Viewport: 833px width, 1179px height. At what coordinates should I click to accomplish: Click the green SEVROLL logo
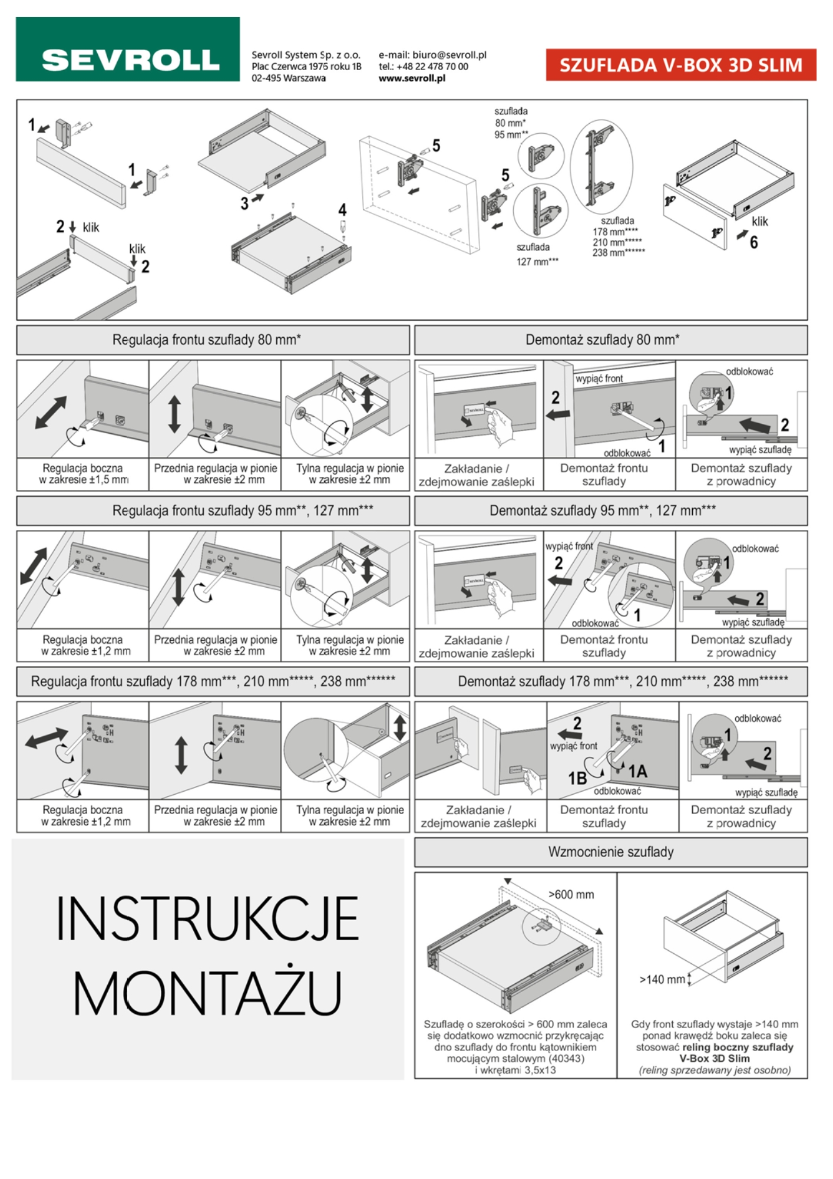128,49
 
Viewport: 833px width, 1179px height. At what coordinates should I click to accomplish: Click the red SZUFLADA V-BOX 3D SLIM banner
681,65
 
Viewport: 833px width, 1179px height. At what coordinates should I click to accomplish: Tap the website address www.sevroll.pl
412,78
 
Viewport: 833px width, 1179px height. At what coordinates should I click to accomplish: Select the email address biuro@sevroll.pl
449,55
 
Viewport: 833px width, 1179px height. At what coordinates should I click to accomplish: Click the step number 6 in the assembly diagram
754,242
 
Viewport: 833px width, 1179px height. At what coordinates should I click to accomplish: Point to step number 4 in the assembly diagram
342,210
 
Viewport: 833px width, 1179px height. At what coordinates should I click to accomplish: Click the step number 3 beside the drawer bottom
244,203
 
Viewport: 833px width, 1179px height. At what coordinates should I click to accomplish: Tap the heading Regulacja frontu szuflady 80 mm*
207,340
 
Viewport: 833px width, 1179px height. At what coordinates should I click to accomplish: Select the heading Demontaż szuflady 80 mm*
603,340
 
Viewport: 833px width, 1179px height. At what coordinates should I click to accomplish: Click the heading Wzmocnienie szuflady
611,852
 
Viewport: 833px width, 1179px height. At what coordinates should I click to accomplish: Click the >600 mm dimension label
571,894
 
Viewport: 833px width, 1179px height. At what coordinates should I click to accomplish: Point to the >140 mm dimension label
662,979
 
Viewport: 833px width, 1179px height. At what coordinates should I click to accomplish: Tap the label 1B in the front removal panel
577,778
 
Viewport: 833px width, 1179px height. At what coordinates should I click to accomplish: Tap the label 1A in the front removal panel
637,771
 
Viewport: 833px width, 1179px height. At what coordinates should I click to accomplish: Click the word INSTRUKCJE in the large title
207,918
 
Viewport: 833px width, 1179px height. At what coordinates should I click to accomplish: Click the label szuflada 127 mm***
537,254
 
